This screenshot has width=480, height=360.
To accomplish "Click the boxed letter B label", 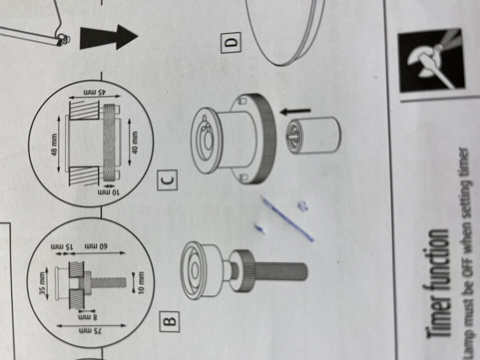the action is (x=169, y=321).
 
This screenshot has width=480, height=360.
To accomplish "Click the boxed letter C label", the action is (x=167, y=180).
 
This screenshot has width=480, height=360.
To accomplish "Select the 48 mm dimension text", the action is (x=55, y=144).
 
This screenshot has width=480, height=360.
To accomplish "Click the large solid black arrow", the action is (x=109, y=37).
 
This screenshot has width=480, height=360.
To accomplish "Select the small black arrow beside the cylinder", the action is (x=295, y=111).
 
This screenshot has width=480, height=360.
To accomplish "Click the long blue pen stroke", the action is (x=287, y=218).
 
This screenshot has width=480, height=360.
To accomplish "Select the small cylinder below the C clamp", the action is (x=313, y=135).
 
